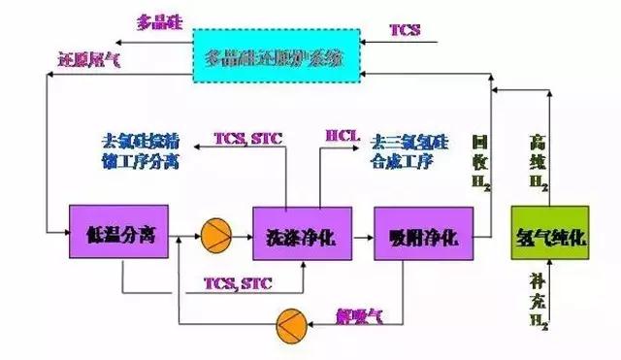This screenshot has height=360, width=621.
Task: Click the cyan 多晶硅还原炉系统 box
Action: pyautogui.click(x=275, y=56)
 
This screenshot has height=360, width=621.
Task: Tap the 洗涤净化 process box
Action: pyautogui.click(x=294, y=233)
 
